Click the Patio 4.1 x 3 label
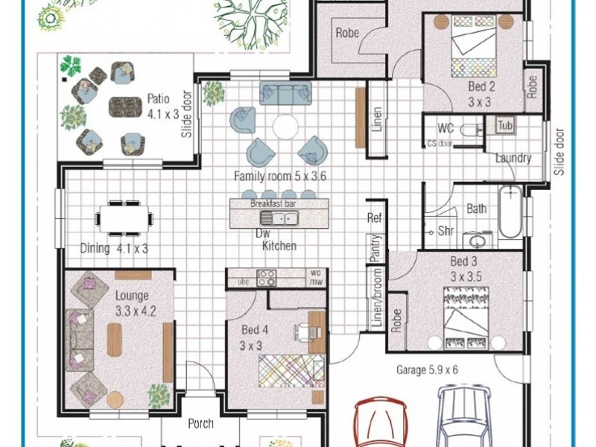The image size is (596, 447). (x=162, y=107)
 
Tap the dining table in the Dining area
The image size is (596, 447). (x=124, y=218)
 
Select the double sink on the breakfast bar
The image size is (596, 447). (x=279, y=218)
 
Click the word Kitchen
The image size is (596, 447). (x=279, y=246)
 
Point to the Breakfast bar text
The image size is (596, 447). (x=273, y=203)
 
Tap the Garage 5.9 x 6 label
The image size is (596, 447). (x=427, y=370)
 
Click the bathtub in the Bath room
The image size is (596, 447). (x=510, y=212)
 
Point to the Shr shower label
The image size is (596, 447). (x=446, y=230)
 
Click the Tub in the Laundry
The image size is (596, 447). (x=505, y=125)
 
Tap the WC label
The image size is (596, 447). (x=446, y=128)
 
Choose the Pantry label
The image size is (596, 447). (x=375, y=248)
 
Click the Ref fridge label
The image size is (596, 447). (x=375, y=218)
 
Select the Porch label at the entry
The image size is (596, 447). (x=200, y=423)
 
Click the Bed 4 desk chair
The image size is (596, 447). (x=306, y=332)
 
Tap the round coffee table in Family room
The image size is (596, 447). (x=285, y=127)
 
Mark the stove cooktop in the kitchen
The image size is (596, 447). (x=266, y=278)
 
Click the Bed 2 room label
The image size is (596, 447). (x=481, y=94)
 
